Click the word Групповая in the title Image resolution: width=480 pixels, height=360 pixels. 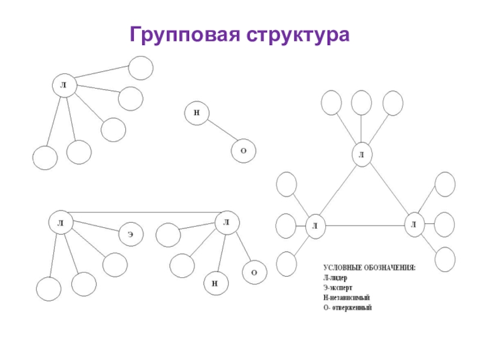[x=181, y=34]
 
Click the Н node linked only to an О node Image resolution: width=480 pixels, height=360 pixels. [x=197, y=113]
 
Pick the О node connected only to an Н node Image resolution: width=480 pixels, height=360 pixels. [x=243, y=151]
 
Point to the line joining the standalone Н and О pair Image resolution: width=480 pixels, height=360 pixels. [x=220, y=132]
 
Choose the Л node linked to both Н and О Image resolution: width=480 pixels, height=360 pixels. [x=226, y=223]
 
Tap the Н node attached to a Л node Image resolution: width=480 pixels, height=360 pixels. [x=214, y=283]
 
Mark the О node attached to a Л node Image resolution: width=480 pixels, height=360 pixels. [x=254, y=272]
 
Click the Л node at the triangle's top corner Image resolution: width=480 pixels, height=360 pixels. [x=361, y=155]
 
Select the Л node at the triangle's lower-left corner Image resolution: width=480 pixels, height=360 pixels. [x=314, y=226]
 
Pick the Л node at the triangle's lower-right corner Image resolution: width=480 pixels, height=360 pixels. [x=413, y=224]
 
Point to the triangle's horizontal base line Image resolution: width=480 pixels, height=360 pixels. [x=364, y=226]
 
